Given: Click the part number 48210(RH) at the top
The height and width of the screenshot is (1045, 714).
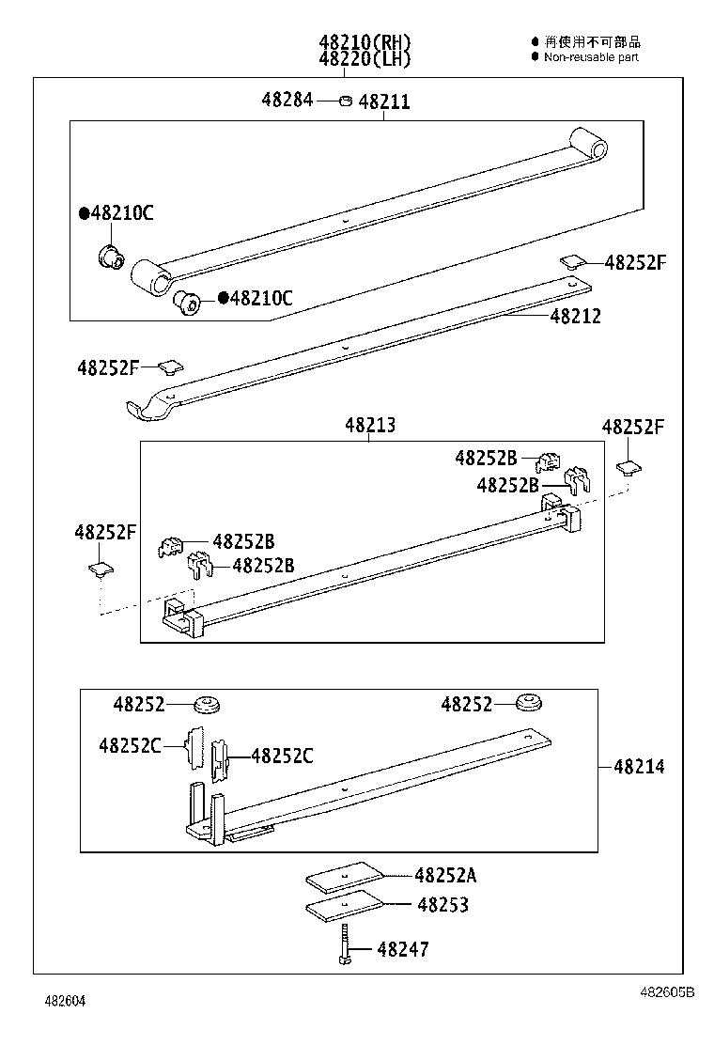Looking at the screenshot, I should (365, 42).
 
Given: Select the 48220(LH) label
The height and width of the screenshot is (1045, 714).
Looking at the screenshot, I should (365, 59).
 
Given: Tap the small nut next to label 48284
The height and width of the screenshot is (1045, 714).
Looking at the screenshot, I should (345, 101).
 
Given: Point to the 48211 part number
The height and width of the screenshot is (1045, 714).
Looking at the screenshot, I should (384, 101).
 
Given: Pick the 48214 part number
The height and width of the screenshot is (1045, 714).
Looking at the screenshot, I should (639, 767).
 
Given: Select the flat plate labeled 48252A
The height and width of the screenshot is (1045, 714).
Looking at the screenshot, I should (345, 876).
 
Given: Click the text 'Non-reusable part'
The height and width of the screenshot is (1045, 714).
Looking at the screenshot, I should (591, 57).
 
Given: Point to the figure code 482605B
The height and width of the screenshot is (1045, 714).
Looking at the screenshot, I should (667, 991).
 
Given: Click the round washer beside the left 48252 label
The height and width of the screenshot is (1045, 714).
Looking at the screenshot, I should (206, 703).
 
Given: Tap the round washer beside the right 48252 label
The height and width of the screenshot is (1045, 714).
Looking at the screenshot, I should (532, 703).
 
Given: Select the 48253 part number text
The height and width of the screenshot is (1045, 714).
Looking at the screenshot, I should (442, 905).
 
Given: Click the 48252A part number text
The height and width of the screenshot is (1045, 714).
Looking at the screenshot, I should (445, 875).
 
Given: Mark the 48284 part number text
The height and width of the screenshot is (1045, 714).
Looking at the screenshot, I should (287, 101).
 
